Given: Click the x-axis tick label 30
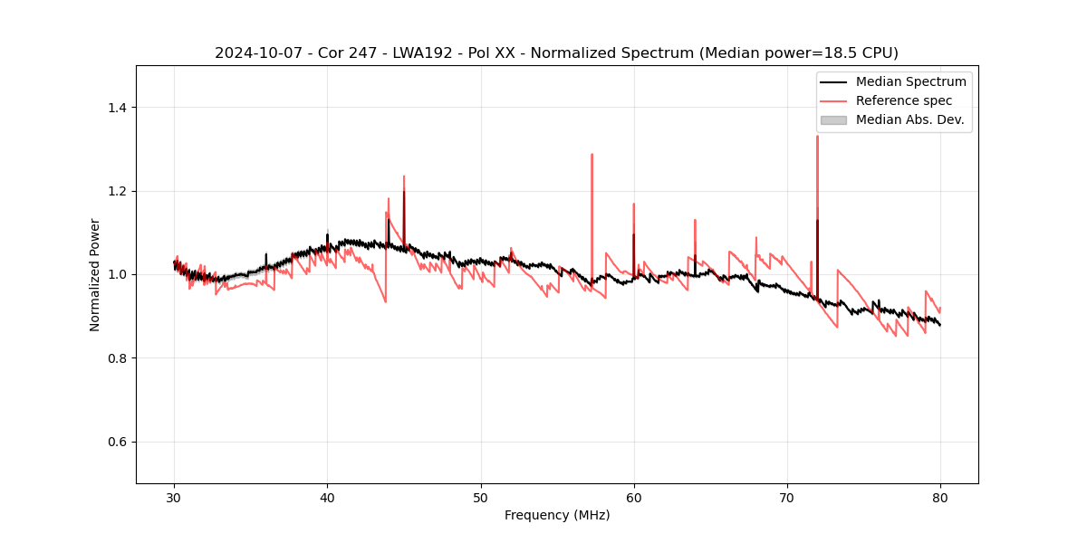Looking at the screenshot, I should [175, 498].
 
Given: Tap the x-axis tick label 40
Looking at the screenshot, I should [328, 498].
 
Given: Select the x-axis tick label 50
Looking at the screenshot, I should [481, 498].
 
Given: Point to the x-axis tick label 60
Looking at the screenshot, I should [634, 498].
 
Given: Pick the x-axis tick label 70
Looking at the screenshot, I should [787, 498].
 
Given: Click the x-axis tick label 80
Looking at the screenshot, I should [940, 498].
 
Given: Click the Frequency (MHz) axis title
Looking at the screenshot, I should [557, 515].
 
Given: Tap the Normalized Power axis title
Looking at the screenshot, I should [95, 274].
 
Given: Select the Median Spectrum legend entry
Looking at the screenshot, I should [910, 81].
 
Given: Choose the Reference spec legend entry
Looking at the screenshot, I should [903, 100].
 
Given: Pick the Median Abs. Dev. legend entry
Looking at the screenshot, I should [909, 119].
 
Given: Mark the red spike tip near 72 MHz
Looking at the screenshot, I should [817, 137].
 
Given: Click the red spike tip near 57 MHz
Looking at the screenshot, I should [592, 155].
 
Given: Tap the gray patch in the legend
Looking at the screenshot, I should [833, 119].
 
